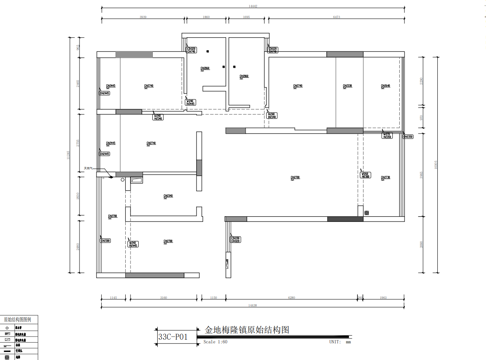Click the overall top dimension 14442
pyautogui.click(x=253, y=6)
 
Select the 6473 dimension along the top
pyautogui.click(x=336, y=17)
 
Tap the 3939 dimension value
pyautogui.click(x=143, y=17)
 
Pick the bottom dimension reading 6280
pyautogui.click(x=291, y=298)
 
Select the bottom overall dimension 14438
pyautogui.click(x=253, y=305)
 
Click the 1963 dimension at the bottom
pyautogui.click(x=383, y=298)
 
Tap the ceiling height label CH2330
pyautogui.click(x=347, y=86)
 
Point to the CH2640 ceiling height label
pyautogui.click(x=385, y=86)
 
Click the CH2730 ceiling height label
pyautogui.click(x=385, y=177)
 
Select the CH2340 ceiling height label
pyautogui.click(x=168, y=196)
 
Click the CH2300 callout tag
pyautogui.click(x=105, y=241)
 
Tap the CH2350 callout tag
pyautogui.click(x=408, y=136)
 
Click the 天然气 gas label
pyautogui.click(x=88, y=168)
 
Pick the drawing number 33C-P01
pyautogui.click(x=173, y=337)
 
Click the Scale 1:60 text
pyautogui.click(x=215, y=342)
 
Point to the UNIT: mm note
pyautogui.click(x=340, y=342)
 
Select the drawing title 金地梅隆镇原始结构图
pyautogui.click(x=247, y=330)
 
